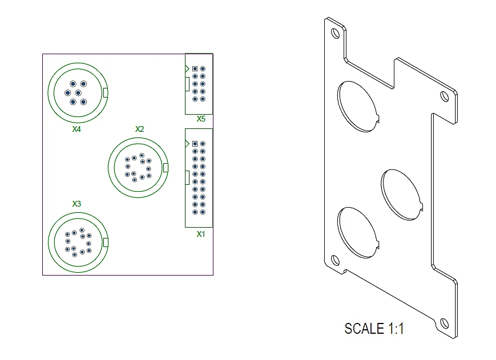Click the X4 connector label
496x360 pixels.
(x=76, y=129)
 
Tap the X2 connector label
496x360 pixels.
(x=139, y=129)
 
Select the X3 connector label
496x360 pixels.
(x=76, y=204)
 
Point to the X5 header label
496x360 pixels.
(x=201, y=119)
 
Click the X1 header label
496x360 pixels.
(x=201, y=234)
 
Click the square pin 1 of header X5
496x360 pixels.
(x=195, y=68)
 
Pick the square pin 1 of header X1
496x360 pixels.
(x=195, y=144)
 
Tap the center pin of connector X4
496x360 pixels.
(x=78, y=93)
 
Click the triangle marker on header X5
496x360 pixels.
(x=187, y=68)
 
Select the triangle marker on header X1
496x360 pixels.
(x=187, y=144)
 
